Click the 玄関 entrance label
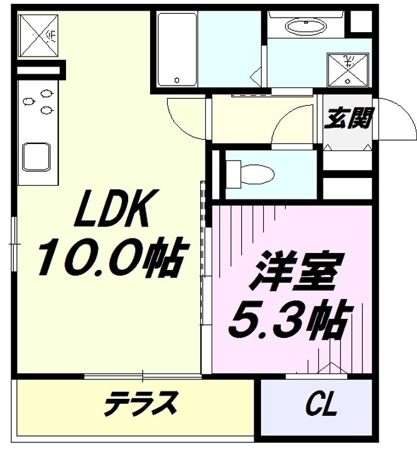point(348,118)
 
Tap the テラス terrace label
point(141,403)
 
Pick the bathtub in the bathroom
point(177,50)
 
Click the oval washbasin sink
point(306,26)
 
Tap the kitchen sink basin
point(36,157)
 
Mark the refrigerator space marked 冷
point(38,35)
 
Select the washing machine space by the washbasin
point(348,70)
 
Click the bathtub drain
point(177,81)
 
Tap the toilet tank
point(233,174)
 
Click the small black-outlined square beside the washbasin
point(361,21)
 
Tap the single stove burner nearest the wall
point(28,102)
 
